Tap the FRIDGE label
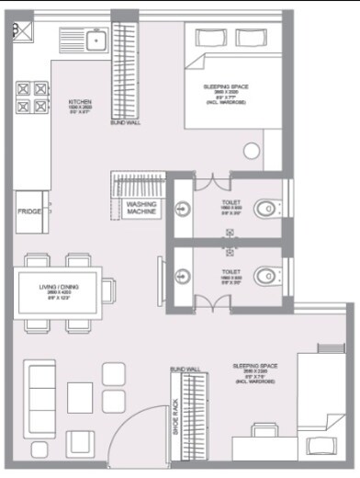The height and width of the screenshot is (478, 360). [28, 211]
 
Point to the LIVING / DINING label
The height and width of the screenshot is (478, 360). [60, 288]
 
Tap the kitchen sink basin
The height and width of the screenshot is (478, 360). [96, 40]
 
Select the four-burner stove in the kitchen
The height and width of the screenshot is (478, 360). [29, 97]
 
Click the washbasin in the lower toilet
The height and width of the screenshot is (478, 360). [184, 273]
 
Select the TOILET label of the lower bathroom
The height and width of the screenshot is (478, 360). [231, 271]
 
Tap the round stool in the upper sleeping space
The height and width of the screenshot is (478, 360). [253, 153]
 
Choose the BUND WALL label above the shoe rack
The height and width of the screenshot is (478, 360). [185, 369]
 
